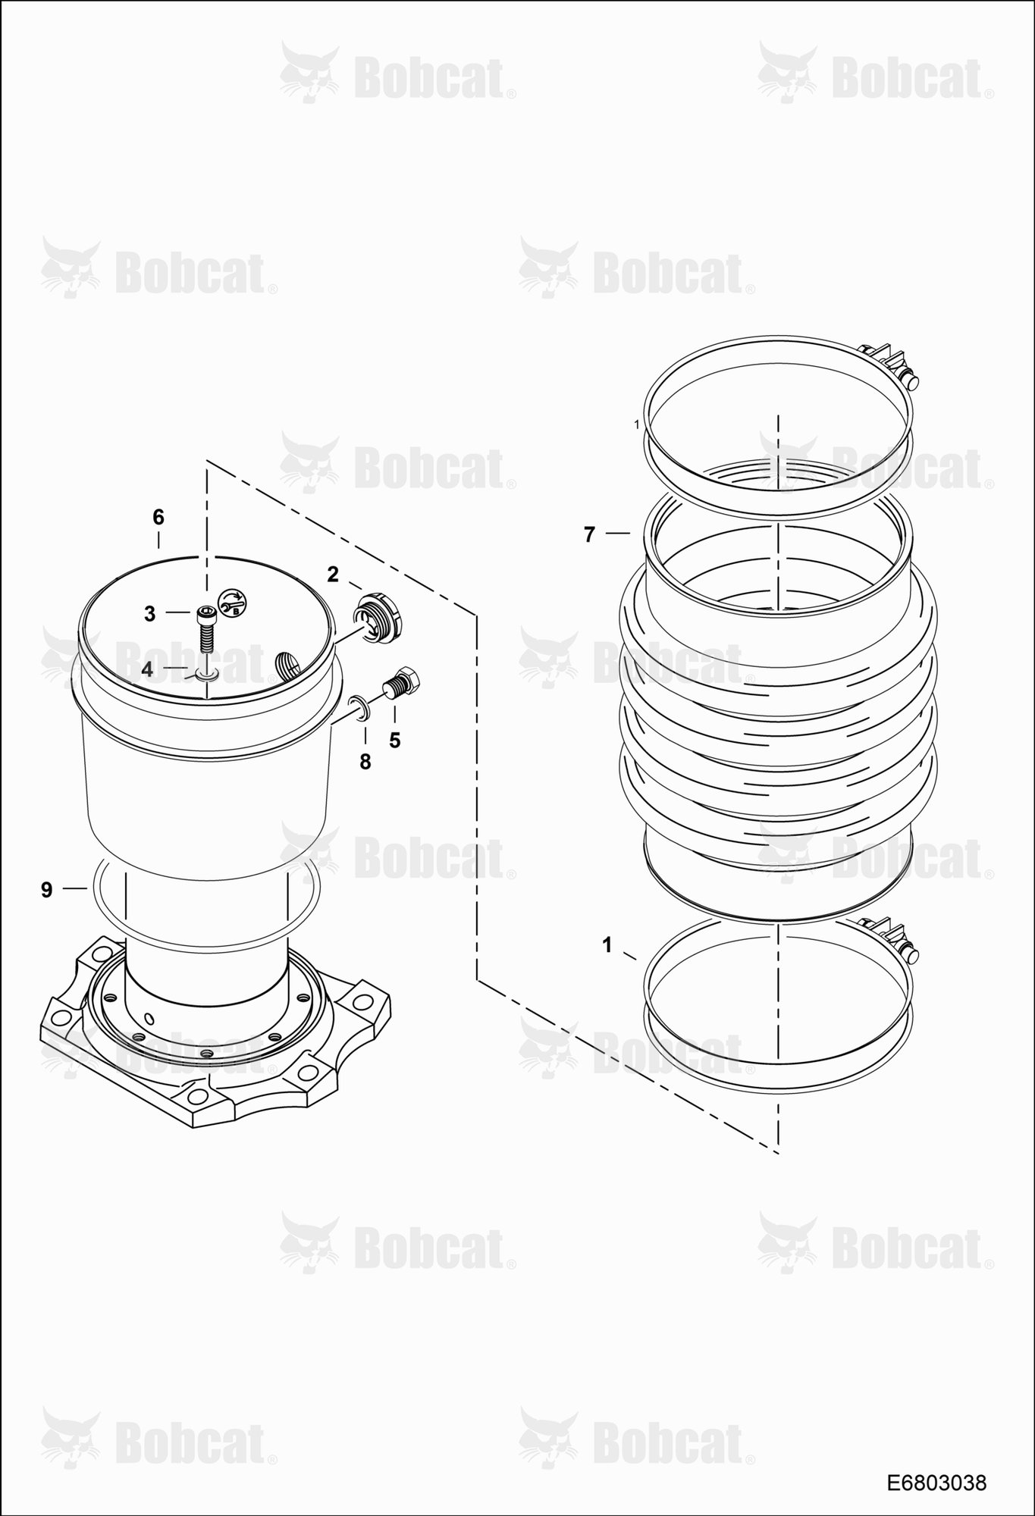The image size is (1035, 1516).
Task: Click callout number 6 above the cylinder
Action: tap(158, 518)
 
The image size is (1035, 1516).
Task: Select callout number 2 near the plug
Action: tap(332, 575)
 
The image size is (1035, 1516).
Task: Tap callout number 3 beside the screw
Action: tap(149, 614)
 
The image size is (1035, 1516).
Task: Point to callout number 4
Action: tap(147, 669)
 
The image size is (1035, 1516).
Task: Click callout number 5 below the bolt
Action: tap(394, 741)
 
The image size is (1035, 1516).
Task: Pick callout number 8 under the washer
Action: tap(365, 762)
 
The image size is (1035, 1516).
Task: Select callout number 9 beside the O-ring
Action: tap(47, 890)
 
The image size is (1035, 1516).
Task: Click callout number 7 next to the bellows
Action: tap(590, 534)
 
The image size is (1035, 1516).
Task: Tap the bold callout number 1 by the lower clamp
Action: tap(607, 945)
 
